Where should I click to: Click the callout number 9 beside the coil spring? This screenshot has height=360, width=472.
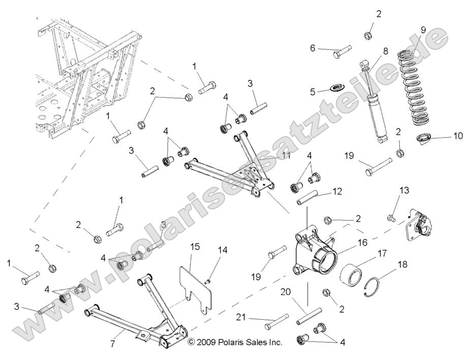click(423, 29)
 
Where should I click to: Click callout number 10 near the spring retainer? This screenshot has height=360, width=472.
click(458, 136)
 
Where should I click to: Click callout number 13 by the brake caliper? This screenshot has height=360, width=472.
click(404, 191)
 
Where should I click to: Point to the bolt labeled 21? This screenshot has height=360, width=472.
click(277, 321)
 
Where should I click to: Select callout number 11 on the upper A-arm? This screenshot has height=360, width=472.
click(286, 156)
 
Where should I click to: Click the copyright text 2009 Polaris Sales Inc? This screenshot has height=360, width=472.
click(235, 343)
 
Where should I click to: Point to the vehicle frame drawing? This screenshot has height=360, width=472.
click(84, 81)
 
